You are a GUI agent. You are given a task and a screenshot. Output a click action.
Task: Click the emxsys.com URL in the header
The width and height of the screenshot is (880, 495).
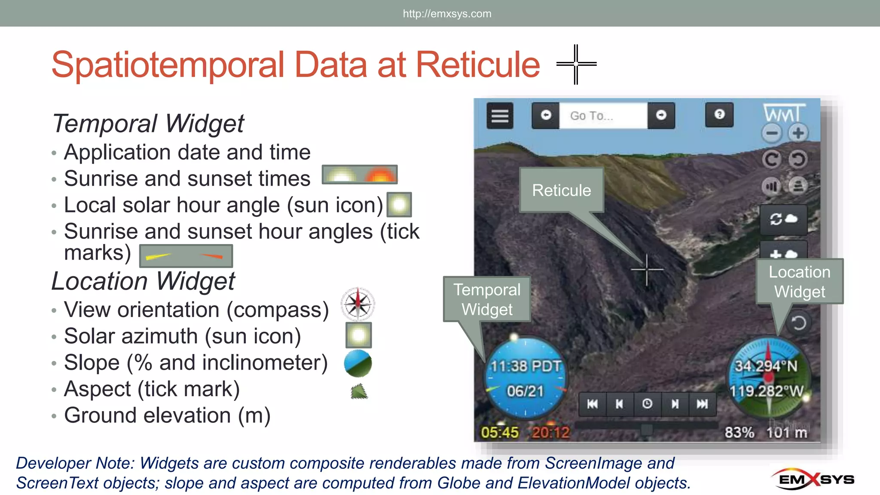click(447, 14)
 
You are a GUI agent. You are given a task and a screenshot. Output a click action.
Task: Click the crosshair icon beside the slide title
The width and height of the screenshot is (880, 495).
click(576, 64)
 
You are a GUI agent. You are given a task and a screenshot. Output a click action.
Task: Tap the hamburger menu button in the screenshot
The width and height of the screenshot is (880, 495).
click(500, 116)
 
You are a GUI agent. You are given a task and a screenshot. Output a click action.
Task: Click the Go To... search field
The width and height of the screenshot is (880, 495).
click(603, 116)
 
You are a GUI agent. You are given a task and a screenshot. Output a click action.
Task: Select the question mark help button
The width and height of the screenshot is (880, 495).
click(719, 114)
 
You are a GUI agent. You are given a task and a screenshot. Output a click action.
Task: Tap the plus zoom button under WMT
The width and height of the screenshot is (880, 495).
click(798, 133)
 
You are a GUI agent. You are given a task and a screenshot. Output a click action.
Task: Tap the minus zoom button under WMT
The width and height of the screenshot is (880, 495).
click(772, 133)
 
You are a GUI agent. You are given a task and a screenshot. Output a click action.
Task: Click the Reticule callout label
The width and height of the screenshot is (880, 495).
click(561, 190)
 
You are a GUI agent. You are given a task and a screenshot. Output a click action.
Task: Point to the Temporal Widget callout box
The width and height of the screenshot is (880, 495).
click(487, 299)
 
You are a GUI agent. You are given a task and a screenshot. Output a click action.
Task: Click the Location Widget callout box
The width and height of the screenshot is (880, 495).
click(799, 281)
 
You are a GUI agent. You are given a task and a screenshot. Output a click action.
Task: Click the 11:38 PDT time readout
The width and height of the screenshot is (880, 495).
click(526, 366)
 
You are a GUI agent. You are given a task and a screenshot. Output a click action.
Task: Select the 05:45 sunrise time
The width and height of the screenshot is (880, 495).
click(500, 432)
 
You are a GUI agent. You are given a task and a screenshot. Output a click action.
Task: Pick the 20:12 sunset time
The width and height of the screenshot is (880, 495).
click(550, 432)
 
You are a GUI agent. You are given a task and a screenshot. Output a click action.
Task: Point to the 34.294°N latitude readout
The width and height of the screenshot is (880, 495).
click(766, 366)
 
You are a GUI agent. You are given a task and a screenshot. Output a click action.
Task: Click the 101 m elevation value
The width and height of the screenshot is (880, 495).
click(787, 432)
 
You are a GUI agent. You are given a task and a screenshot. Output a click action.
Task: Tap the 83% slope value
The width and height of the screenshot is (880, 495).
click(739, 432)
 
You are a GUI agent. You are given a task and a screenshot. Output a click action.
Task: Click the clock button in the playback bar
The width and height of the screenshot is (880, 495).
click(647, 404)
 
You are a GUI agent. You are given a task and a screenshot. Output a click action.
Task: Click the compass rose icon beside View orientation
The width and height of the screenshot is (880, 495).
click(357, 304)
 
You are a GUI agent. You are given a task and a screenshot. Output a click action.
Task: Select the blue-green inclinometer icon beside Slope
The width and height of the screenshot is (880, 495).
click(357, 363)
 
